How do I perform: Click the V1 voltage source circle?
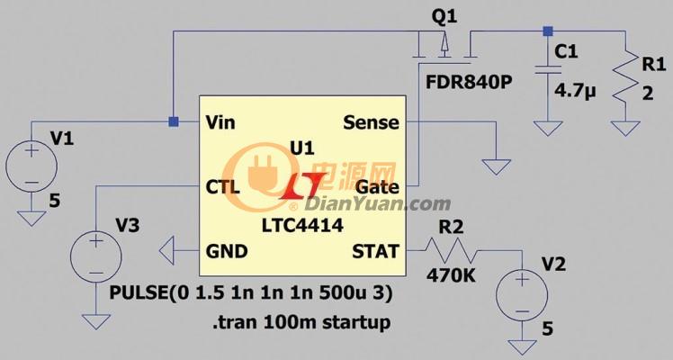point(31,166)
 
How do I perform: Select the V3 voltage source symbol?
point(95,256)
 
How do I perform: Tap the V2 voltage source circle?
point(522,295)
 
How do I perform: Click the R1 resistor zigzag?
point(625,76)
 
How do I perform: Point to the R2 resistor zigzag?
point(452,250)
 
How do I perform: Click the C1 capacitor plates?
point(548,70)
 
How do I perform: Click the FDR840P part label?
point(469,82)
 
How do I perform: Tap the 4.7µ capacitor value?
point(576,92)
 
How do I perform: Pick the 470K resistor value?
point(451,276)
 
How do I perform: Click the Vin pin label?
point(220,122)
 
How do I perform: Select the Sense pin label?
point(372,122)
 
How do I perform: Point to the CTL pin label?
point(223,187)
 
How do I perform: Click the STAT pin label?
point(375,251)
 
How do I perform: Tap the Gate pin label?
point(378,187)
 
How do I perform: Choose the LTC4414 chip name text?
point(302,225)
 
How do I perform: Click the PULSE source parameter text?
point(251,293)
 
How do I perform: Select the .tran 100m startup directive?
point(301,322)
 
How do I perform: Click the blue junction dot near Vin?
point(174,121)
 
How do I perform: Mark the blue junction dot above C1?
point(548,31)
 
